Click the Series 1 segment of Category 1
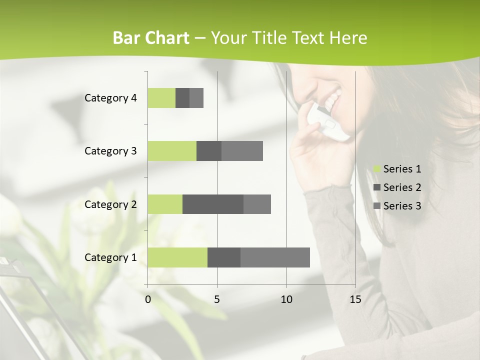coord(177,257)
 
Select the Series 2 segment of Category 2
coord(213,204)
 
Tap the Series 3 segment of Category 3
coord(242,151)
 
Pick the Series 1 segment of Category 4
coord(161,98)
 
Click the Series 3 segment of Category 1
coord(275,257)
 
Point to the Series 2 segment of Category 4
coord(182,98)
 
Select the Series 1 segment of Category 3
coord(172,151)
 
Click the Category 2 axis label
coord(110,204)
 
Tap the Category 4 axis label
coord(110,98)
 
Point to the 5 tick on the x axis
coord(217,299)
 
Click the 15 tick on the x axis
coord(355,299)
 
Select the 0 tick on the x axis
coord(147,299)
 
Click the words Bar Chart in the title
coord(151,38)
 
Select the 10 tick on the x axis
coord(286,299)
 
